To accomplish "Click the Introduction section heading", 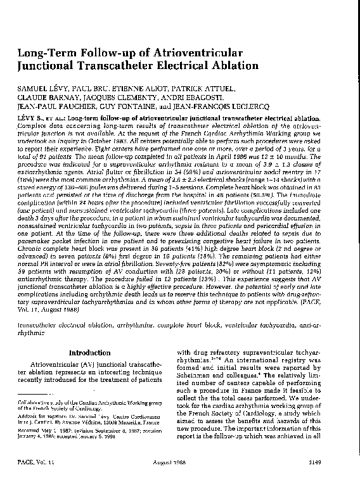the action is coord(90,352).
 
